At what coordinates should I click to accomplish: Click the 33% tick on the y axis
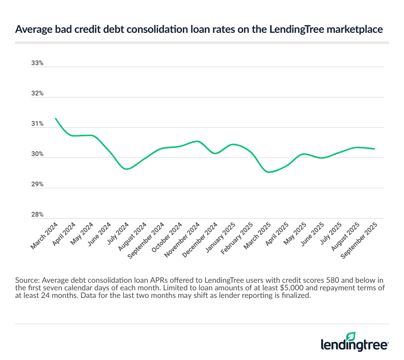coord(38,64)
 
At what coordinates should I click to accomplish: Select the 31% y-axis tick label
coord(38,124)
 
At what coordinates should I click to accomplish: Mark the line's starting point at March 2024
coord(55,118)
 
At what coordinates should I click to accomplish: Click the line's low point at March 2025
coord(269,172)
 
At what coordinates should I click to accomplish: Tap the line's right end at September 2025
coord(374,149)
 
